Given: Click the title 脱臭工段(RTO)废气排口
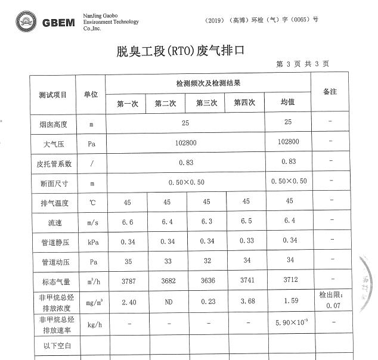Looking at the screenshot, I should [181, 51].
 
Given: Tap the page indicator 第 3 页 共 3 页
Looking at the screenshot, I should [302, 64].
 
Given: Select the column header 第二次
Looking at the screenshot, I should [166, 103].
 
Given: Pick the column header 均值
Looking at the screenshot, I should [288, 103].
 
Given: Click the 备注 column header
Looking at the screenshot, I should [330, 92].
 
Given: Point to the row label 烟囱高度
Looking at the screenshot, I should [53, 125].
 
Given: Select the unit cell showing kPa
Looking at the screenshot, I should [91, 242].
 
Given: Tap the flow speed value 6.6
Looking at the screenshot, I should [128, 222].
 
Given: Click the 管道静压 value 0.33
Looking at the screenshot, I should [246, 241].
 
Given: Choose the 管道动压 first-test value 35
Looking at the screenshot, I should [128, 261].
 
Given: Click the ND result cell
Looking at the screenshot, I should [169, 302].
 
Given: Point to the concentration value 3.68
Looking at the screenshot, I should [246, 302].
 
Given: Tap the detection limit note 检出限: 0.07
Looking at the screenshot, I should [330, 300].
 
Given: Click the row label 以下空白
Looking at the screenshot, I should [53, 346].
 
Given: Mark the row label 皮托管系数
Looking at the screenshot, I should [53, 163].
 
